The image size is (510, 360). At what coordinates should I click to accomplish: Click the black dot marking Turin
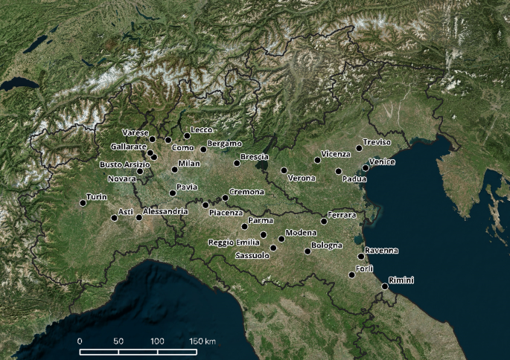click(83, 203)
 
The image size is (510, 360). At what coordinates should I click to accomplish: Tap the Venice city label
click(382, 162)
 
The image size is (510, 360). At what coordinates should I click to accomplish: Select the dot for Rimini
click(385, 286)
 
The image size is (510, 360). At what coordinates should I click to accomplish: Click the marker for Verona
click(284, 170)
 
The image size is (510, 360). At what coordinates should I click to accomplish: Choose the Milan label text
click(190, 163)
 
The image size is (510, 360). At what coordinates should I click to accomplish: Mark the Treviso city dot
click(359, 148)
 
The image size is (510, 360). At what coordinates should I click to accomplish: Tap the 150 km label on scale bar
click(202, 341)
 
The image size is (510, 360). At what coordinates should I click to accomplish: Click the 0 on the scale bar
click(80, 341)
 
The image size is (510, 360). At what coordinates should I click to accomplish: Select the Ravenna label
click(382, 251)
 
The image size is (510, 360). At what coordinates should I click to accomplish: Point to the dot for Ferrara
click(324, 221)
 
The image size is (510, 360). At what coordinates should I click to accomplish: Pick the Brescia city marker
click(237, 163)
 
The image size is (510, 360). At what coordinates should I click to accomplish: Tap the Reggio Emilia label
click(233, 242)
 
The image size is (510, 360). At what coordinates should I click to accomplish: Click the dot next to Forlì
click(351, 275)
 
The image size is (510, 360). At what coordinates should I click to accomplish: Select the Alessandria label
click(165, 212)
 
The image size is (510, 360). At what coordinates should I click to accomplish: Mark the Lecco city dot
click(187, 136)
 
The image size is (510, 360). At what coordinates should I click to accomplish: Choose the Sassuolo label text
click(252, 255)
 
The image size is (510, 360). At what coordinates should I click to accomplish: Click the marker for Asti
click(114, 218)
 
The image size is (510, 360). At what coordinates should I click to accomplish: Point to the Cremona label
click(246, 192)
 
